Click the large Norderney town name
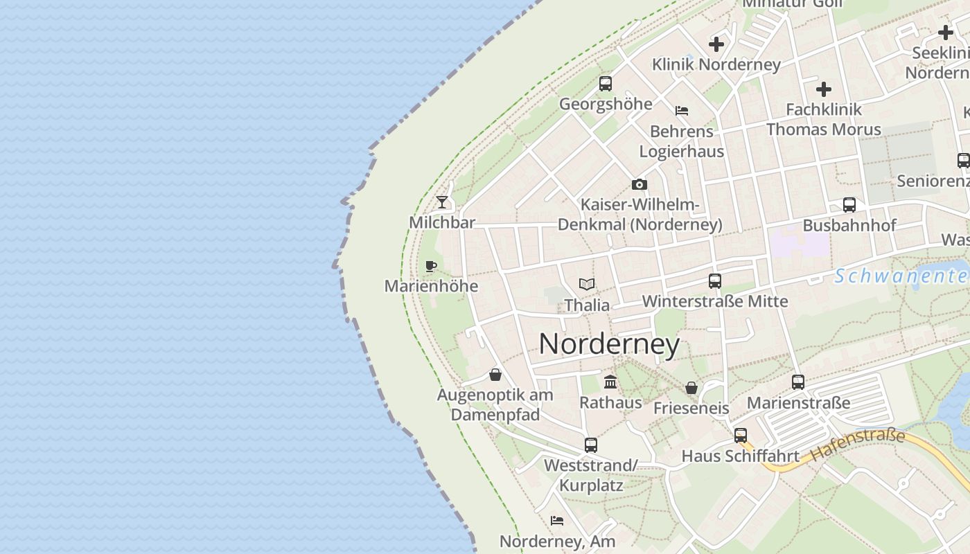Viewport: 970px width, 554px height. [609, 344]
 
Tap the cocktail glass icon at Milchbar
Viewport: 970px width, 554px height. [442, 202]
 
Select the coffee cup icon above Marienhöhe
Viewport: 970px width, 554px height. [431, 266]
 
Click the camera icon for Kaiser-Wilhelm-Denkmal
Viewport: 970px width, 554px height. [640, 184]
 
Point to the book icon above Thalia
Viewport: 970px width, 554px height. [587, 284]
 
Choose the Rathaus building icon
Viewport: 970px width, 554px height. [610, 382]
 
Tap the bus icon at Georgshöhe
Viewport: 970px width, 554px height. [606, 84]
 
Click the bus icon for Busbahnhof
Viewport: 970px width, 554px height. [849, 205]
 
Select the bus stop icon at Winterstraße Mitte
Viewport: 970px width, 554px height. [715, 281]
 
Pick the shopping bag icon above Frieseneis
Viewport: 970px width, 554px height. [691, 388]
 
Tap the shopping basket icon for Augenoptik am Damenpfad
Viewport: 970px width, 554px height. [495, 375]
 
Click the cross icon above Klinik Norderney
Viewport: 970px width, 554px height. [716, 44]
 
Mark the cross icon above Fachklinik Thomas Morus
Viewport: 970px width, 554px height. [824, 89]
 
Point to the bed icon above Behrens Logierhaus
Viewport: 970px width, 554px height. [682, 111]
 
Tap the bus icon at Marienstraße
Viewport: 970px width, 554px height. [798, 382]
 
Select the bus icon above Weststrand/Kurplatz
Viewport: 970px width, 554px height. [591, 445]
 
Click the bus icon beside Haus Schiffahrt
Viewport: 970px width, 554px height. [741, 436]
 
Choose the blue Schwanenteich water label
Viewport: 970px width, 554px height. [901, 276]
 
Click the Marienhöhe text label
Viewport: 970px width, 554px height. [431, 286]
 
